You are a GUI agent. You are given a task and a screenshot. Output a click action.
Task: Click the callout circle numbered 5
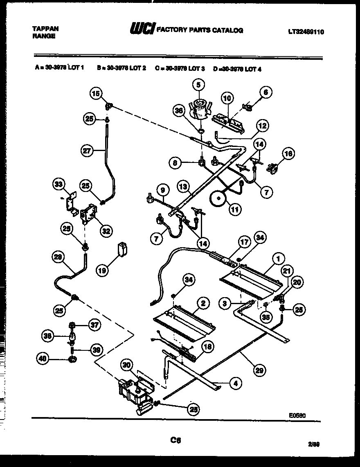click(x=198, y=85)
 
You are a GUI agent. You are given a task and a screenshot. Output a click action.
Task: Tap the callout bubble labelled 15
click(x=96, y=94)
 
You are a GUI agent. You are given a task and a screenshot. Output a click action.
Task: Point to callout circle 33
click(x=59, y=185)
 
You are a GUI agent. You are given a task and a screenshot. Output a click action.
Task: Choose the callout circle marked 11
click(x=235, y=209)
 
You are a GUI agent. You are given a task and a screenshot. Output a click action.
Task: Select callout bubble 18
click(x=208, y=347)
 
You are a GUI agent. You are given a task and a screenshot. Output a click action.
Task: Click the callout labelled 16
click(x=288, y=153)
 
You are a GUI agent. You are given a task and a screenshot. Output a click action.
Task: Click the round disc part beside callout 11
click(x=219, y=199)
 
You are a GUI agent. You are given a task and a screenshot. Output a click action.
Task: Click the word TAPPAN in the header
click(x=45, y=29)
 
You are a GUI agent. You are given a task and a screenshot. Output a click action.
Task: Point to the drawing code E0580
click(x=297, y=415)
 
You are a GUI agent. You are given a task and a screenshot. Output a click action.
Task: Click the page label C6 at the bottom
click(x=176, y=440)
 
